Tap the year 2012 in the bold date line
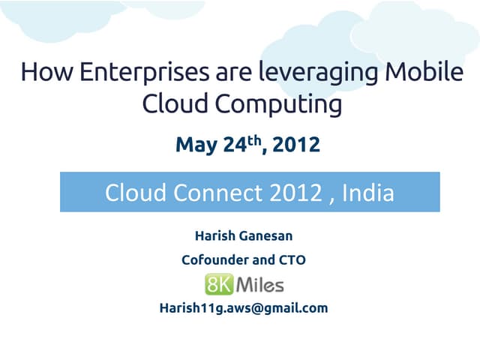click(296, 145)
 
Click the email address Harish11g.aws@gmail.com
click(244, 307)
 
